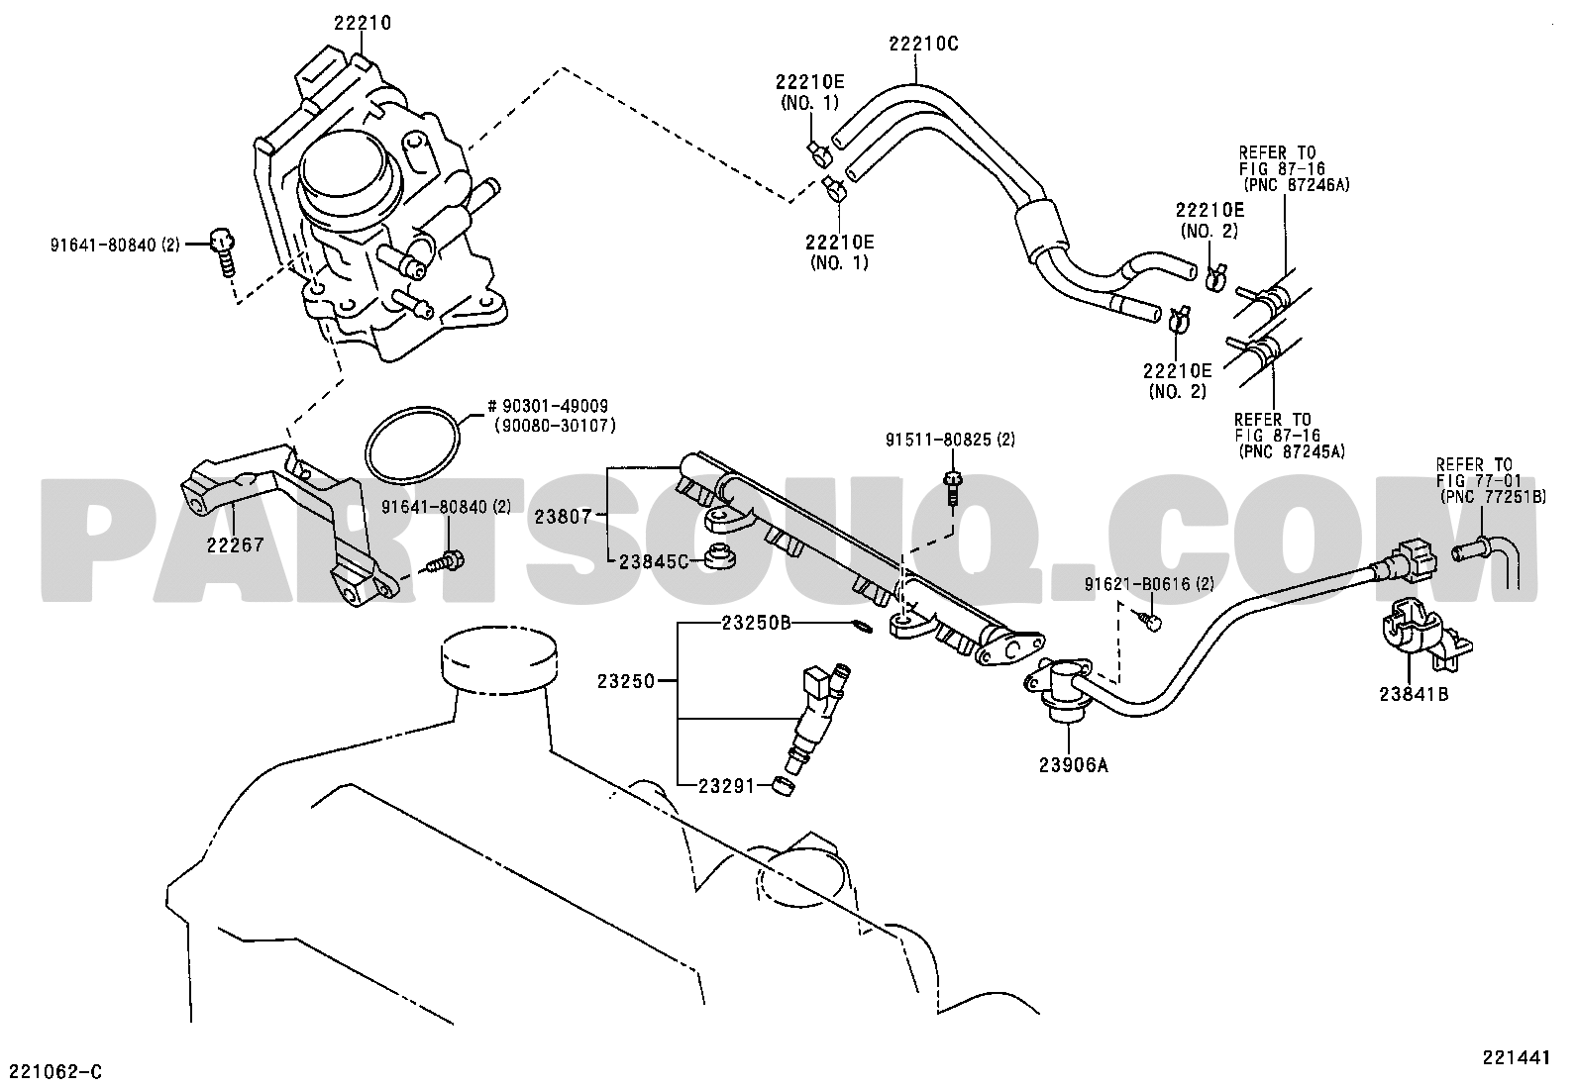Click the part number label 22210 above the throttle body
[x=362, y=23]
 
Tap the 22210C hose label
[x=923, y=44]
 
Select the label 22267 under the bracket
[x=235, y=544]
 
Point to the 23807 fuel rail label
[x=563, y=517]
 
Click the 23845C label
[x=654, y=561]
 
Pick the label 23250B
[x=756, y=623]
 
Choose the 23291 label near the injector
[x=726, y=785]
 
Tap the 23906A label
[x=1074, y=764]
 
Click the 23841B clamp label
[x=1414, y=694]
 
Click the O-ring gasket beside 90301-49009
[x=413, y=445]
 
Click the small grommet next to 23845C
[x=720, y=557]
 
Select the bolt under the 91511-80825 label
[x=951, y=488]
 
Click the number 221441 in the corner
[x=1516, y=1057]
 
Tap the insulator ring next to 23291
[x=785, y=786]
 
